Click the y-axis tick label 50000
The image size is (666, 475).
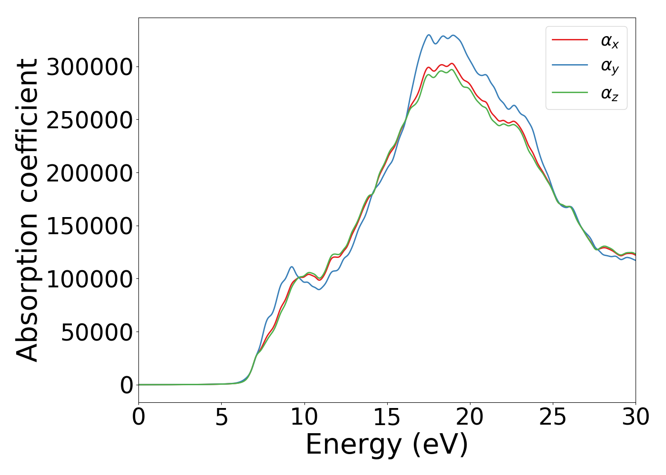(97, 332)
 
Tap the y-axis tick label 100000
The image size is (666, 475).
(90, 279)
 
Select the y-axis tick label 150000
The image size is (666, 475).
(90, 226)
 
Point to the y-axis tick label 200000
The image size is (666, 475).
(90, 173)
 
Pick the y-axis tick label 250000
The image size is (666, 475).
(90, 120)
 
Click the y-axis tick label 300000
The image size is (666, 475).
(90, 67)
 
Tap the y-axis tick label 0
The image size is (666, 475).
(127, 385)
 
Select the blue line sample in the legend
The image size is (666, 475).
(570, 66)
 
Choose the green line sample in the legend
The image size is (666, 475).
(570, 93)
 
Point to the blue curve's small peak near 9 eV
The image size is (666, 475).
(292, 267)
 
